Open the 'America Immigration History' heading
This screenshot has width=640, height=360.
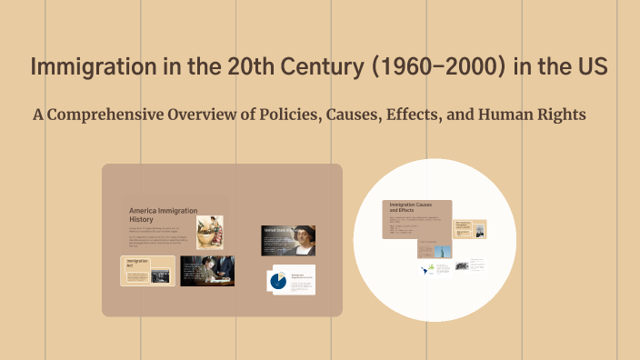coord(164,215)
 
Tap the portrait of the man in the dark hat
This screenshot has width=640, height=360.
coord(288,240)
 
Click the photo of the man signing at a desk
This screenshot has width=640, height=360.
coord(206,271)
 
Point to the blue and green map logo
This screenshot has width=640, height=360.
coord(425,270)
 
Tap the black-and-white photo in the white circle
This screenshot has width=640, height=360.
coord(462,266)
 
